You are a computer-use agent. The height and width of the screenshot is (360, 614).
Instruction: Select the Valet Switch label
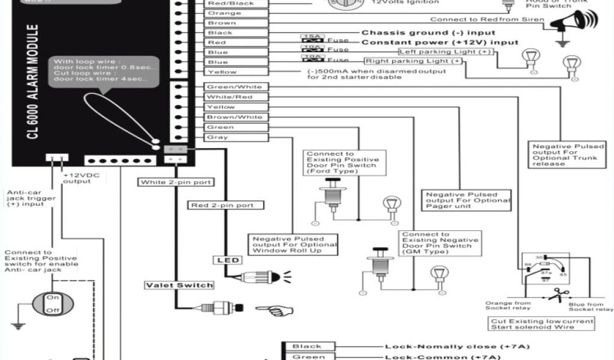click(x=179, y=285)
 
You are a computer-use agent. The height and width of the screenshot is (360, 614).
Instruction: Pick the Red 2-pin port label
click(x=222, y=205)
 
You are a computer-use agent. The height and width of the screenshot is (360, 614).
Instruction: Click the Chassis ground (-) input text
click(x=428, y=32)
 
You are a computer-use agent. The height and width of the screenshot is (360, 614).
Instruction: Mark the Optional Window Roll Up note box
click(x=294, y=244)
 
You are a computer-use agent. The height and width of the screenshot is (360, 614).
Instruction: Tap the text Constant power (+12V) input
click(x=440, y=43)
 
